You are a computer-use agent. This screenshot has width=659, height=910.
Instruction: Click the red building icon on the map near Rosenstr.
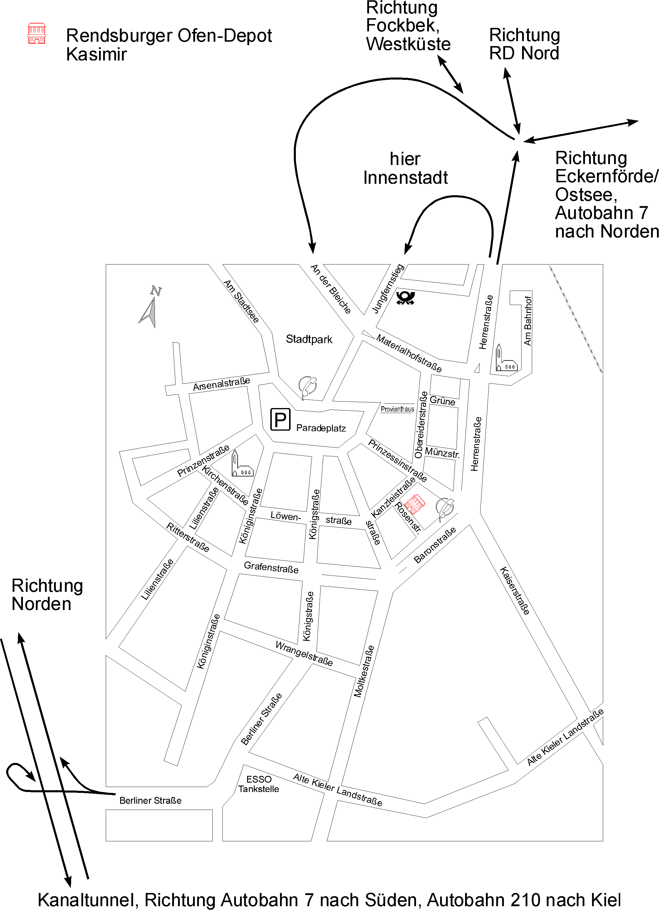(x=415, y=504)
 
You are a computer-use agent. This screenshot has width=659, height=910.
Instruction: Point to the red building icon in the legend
(x=36, y=33)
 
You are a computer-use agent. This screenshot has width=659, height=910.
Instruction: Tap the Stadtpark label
(x=309, y=339)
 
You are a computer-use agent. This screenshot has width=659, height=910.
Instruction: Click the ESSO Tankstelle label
(x=259, y=784)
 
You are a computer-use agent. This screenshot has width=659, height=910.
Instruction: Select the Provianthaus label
(x=397, y=409)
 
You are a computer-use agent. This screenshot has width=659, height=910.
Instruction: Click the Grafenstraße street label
(x=271, y=567)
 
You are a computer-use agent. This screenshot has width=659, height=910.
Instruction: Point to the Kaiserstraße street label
(x=514, y=591)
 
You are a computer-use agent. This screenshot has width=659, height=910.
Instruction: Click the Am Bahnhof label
(x=528, y=321)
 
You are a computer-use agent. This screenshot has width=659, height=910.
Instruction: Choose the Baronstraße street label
(x=435, y=545)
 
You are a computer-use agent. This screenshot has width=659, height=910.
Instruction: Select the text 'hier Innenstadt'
(x=405, y=168)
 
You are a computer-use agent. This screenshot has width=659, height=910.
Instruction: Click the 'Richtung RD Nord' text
(x=524, y=44)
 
